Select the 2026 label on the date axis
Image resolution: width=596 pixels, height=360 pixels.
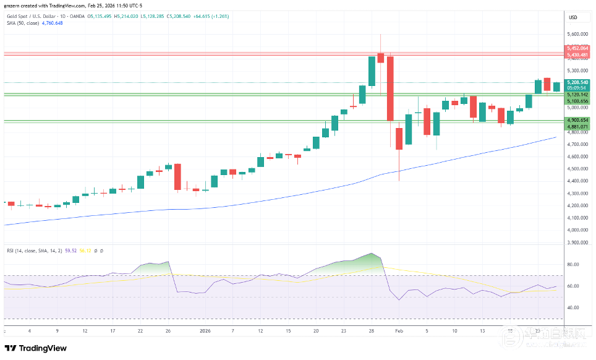(x=205, y=331)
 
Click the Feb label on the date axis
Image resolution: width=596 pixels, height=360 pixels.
(x=399, y=331)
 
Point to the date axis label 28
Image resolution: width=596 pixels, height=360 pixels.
(x=372, y=331)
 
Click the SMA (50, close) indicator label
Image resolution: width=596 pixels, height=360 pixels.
(x=23, y=23)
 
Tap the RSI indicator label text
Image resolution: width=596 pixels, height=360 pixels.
(x=11, y=251)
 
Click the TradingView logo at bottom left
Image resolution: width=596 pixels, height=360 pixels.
(x=37, y=348)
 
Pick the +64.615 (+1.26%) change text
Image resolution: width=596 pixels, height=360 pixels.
(x=210, y=16)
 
